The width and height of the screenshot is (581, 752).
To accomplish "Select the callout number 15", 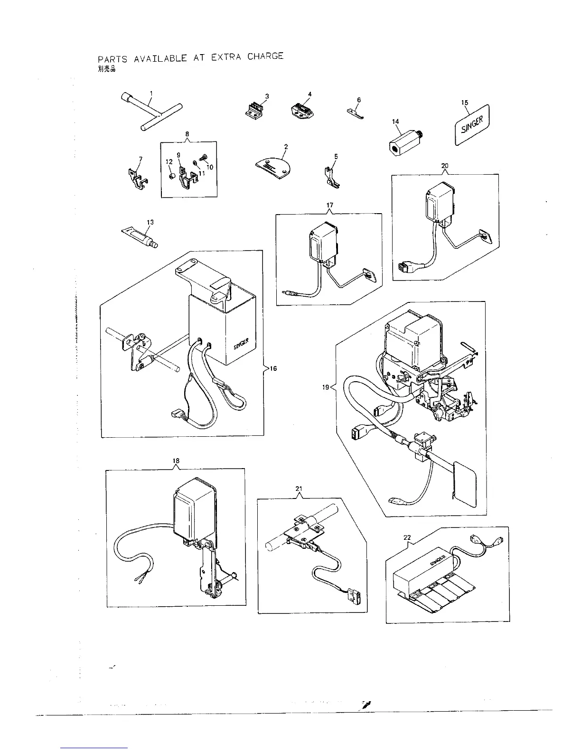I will (x=465, y=102).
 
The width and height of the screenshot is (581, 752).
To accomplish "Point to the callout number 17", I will (x=330, y=205).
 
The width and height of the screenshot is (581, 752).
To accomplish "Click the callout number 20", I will (x=445, y=166).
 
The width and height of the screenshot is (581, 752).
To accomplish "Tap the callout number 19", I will (x=326, y=387).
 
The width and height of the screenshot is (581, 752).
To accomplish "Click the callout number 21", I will (x=299, y=489).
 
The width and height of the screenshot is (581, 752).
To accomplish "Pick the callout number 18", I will (x=176, y=461).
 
